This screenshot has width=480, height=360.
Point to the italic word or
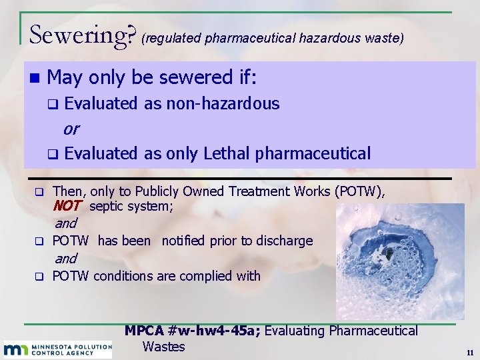(x=71, y=128)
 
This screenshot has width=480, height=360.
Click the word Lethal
(x=223, y=153)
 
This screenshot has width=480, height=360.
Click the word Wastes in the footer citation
(x=163, y=347)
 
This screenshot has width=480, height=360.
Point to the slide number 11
(x=470, y=352)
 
